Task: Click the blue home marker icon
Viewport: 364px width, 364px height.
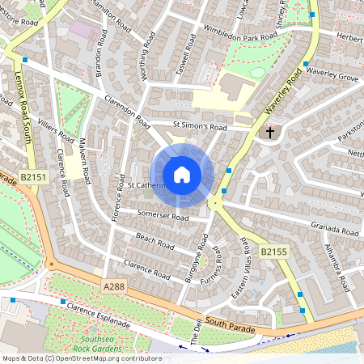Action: pos(181,175)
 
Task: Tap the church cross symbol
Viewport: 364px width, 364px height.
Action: pos(270,132)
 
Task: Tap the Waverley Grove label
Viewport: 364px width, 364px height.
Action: pos(332,78)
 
